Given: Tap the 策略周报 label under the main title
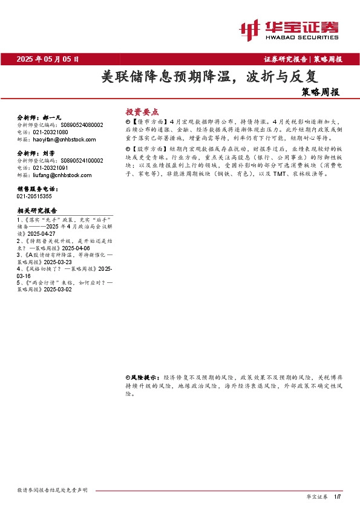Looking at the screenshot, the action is (320, 93).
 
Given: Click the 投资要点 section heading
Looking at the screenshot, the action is (142, 112).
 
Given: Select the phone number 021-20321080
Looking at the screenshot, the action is (51, 132).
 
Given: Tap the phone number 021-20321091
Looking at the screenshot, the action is (51, 168).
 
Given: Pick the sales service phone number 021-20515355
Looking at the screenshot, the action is (34, 196).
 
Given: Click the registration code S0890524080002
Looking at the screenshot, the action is (81, 125).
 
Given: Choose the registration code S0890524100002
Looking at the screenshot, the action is (81, 161).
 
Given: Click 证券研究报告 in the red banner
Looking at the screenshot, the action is (286, 59).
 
